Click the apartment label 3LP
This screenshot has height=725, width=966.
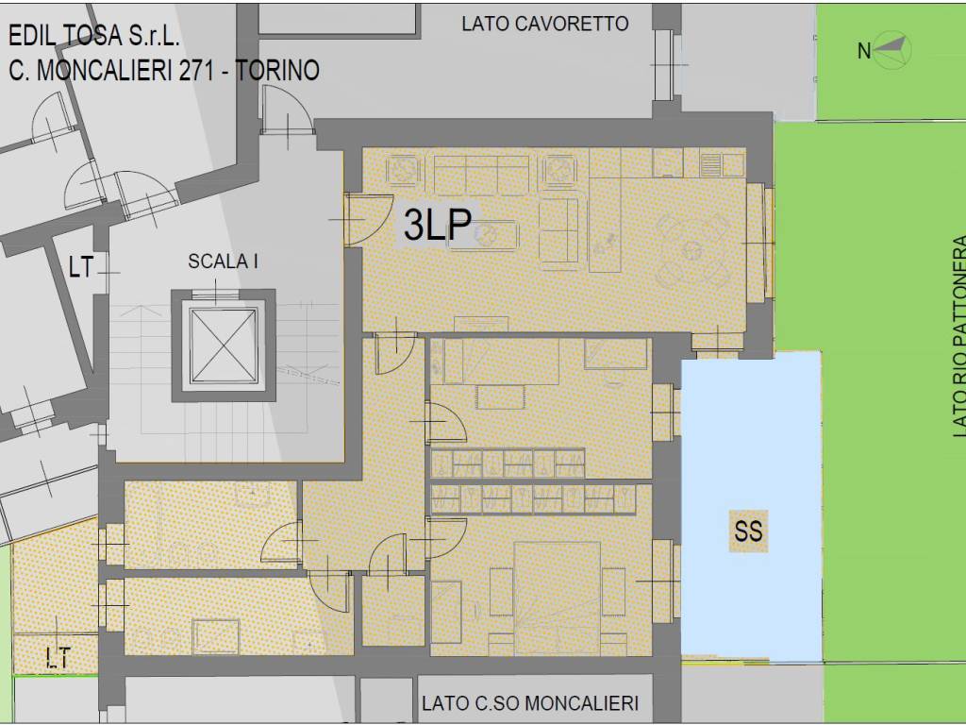pos(438,224)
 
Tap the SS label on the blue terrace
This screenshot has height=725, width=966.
pos(748,531)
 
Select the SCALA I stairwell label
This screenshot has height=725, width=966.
pos(223,261)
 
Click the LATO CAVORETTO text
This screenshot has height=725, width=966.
pos(545,24)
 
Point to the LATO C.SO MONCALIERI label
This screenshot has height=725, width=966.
pos(530,702)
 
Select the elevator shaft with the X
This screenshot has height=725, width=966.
pos(223,346)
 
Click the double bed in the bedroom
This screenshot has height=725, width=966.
pos(557,598)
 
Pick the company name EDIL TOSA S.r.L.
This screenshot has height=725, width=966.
pos(94,37)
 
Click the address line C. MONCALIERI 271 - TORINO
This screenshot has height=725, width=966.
pos(164,70)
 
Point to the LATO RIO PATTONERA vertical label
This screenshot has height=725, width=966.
pos(959,337)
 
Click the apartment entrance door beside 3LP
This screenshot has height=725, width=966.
pos(370,220)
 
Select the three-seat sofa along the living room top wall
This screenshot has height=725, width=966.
pos(481,175)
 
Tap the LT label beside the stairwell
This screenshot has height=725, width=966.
pos(81,267)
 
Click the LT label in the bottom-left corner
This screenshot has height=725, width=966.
pos(58,658)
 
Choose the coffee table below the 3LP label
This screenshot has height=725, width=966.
pos(484,236)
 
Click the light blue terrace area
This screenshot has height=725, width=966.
pos(751,505)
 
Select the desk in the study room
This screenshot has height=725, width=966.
pos(501,397)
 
